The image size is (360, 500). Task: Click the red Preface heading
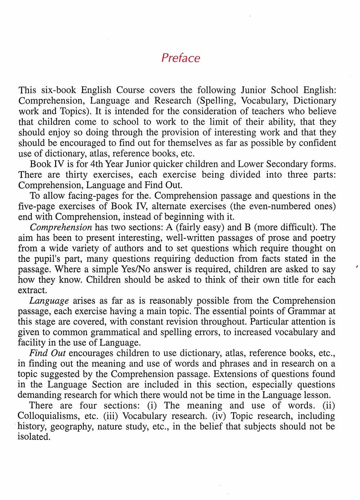click(180, 58)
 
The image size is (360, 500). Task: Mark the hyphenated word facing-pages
click(68, 196)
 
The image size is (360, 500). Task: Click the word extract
click(32, 290)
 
